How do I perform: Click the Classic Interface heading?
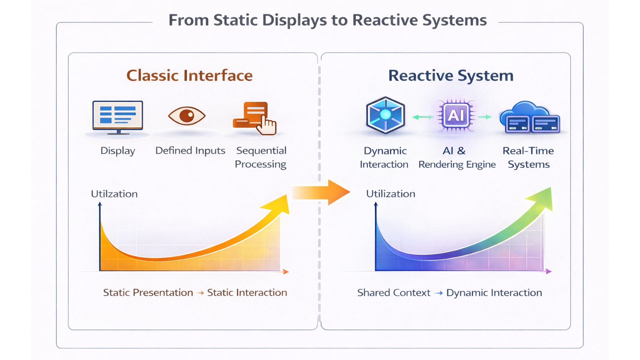coord(189,75)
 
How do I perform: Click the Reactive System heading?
coord(451,75)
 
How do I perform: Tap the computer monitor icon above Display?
coord(118,117)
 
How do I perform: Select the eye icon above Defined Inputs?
coord(187,116)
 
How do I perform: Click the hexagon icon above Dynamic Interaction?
coord(385,115)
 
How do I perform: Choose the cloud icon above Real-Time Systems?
coord(529,117)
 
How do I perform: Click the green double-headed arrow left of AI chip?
coord(422,117)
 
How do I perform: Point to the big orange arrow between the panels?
coord(321,192)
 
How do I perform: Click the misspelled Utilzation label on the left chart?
coord(114,194)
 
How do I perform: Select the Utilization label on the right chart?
coord(391,194)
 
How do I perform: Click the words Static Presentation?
coord(148,293)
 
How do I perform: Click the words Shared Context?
coord(394,293)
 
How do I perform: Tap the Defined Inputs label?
coord(190,151)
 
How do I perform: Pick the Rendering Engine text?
coord(457,165)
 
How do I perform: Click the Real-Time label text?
coord(528,151)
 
